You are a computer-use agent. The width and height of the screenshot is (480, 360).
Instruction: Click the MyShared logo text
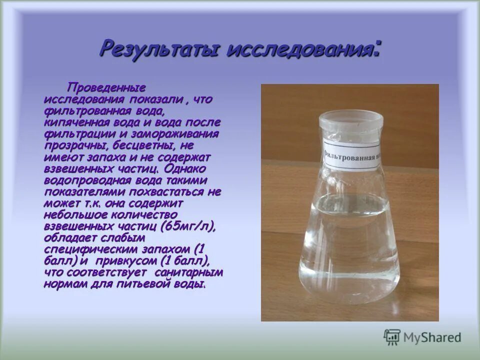pos(432,337)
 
